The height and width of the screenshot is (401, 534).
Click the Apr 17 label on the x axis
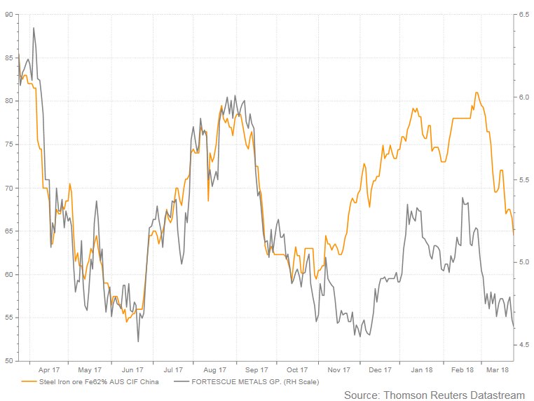point(48,369)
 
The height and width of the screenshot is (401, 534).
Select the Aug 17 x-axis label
point(214,369)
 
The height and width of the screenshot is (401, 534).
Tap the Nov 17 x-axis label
point(338,369)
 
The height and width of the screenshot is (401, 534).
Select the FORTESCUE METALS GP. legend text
point(255,382)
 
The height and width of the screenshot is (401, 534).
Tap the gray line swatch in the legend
point(182,382)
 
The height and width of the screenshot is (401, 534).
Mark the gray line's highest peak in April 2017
point(34,28)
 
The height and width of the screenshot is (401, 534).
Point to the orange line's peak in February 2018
point(477,93)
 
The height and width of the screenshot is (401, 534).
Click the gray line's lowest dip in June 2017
point(138,341)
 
